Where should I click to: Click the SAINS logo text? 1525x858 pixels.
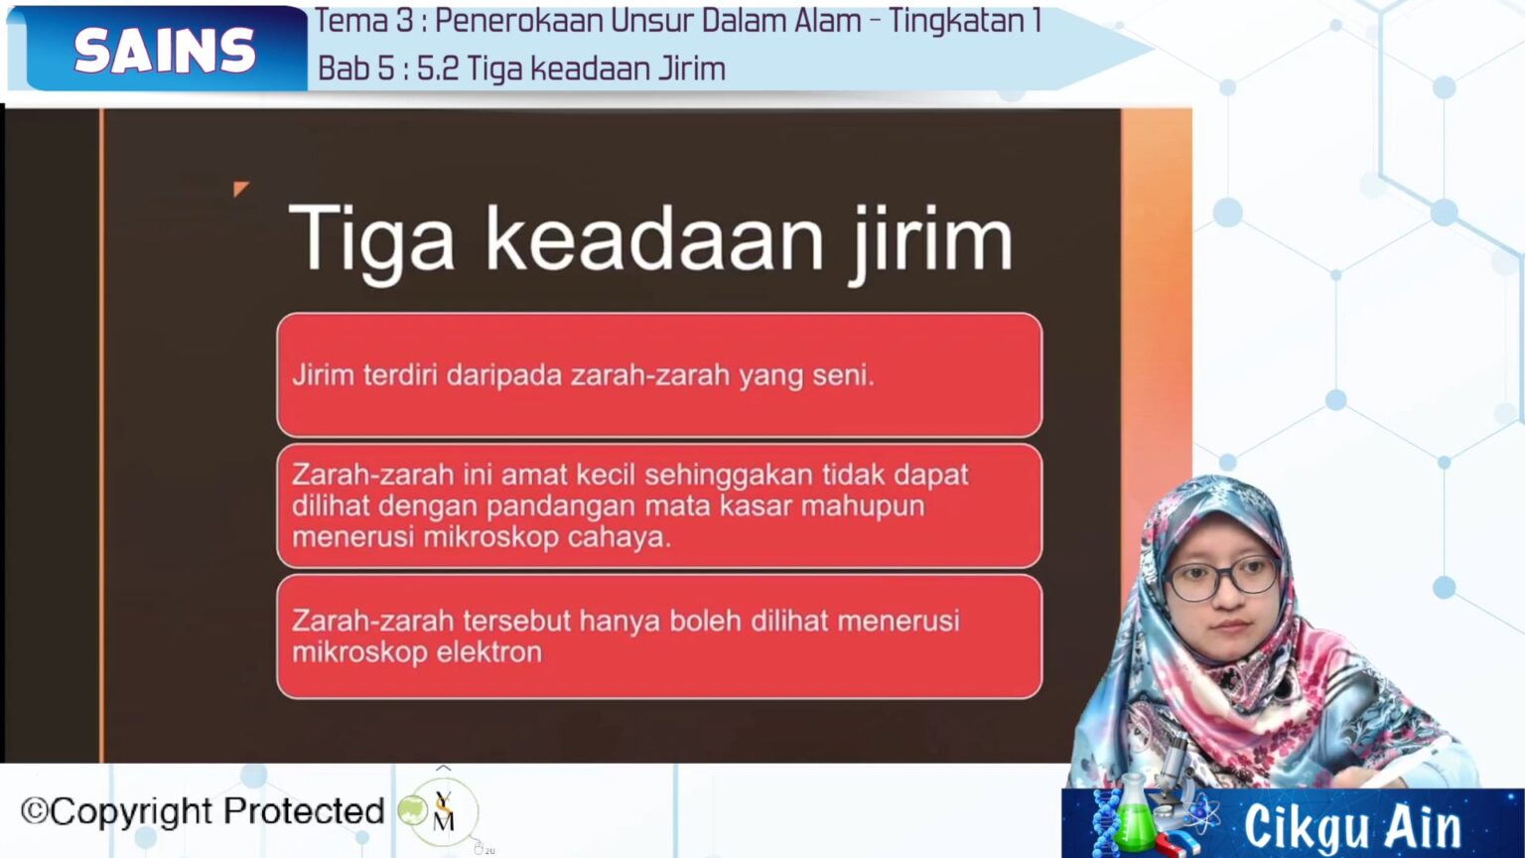point(164,51)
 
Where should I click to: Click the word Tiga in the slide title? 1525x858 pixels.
point(370,240)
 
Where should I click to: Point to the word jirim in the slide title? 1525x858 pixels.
point(930,240)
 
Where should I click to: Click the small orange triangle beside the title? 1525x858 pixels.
point(240,188)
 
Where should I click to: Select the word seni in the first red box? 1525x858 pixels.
point(842,375)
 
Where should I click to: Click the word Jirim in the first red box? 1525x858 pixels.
point(323,375)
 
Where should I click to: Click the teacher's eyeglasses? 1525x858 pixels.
point(1221,577)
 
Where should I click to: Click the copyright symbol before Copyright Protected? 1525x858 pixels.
point(34,811)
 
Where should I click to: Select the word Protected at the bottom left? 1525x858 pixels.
point(304,811)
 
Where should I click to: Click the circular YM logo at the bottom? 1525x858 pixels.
point(443,811)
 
